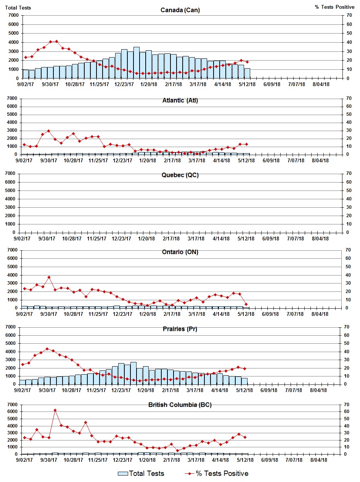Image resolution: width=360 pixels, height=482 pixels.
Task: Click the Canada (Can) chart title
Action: [x=180, y=10]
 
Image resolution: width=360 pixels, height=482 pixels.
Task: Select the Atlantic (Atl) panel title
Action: [x=180, y=101]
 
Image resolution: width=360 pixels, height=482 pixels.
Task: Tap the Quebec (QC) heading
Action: [x=180, y=175]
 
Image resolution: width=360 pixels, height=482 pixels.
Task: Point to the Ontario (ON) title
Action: [x=180, y=252]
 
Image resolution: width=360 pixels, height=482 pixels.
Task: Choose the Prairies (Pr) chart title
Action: [x=180, y=329]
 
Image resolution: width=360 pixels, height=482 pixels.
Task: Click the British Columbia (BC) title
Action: [x=180, y=405]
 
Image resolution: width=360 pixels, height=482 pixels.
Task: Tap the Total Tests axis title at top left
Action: [x=18, y=7]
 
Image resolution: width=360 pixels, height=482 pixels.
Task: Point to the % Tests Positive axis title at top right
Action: [x=334, y=7]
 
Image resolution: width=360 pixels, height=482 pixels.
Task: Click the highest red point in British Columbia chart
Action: [x=55, y=410]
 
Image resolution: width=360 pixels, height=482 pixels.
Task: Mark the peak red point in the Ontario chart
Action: [x=49, y=277]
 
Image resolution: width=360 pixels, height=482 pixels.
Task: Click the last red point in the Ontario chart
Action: [x=246, y=304]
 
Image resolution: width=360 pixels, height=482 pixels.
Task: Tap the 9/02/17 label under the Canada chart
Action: [x=24, y=84]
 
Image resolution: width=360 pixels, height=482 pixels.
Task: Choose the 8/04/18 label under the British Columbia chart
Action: [x=318, y=460]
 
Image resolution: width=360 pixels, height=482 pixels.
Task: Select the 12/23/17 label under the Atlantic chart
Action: [x=123, y=160]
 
